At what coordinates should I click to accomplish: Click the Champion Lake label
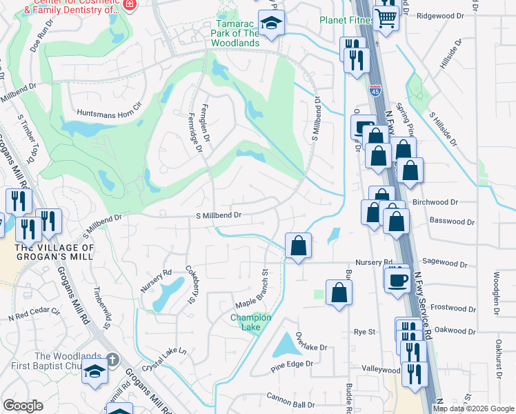pos(250,322)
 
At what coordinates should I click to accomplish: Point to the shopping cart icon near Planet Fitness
pos(386,18)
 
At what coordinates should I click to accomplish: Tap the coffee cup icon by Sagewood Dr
pos(397,279)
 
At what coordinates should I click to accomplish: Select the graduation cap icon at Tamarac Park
pos(272,23)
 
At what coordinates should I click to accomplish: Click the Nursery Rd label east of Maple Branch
pos(374,263)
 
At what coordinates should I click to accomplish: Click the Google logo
pos(23,405)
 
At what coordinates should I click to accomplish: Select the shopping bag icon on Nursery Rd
pos(298,246)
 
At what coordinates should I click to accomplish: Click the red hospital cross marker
pos(129,5)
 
